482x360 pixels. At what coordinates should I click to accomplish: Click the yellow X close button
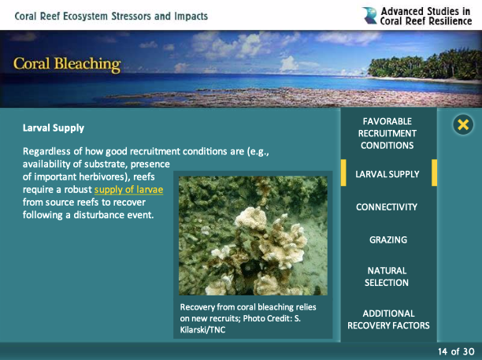pyautogui.click(x=463, y=124)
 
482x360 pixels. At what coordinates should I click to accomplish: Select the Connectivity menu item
pyautogui.click(x=387, y=207)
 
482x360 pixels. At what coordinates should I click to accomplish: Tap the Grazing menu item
pyautogui.click(x=388, y=239)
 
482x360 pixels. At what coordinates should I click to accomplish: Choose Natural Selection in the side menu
pyautogui.click(x=387, y=276)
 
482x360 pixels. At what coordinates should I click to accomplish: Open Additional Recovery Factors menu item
pyautogui.click(x=388, y=319)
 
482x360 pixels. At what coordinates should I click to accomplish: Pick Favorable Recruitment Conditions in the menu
pyautogui.click(x=387, y=133)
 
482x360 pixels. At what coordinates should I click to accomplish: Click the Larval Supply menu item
pyautogui.click(x=387, y=174)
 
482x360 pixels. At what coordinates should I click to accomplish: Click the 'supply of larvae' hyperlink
pyautogui.click(x=128, y=190)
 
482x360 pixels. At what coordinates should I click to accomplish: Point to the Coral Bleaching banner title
pyautogui.click(x=67, y=65)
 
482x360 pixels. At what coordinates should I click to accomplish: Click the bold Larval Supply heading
pyautogui.click(x=54, y=128)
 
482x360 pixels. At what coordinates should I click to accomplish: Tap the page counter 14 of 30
pyautogui.click(x=456, y=351)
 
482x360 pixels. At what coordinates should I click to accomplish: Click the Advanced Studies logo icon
pyautogui.click(x=369, y=16)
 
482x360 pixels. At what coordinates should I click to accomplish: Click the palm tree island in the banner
pyautogui.click(x=425, y=66)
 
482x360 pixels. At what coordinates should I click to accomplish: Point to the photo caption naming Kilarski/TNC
pyautogui.click(x=248, y=318)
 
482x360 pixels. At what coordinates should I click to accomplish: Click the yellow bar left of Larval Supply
pyautogui.click(x=343, y=173)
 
